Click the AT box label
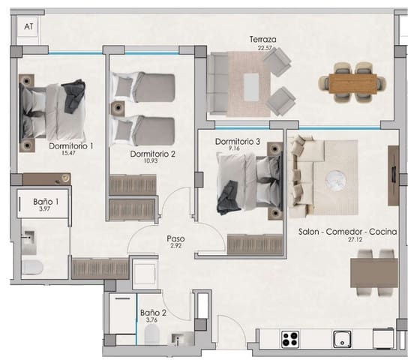coord(29,26)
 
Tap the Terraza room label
coord(264,39)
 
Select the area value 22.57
coord(264,48)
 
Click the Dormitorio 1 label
coord(71,146)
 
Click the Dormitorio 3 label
coord(238,141)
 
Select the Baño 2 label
coord(152,313)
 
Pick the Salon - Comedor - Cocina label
coord(347,232)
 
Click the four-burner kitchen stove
coord(291,338)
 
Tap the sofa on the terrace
coord(220,84)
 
